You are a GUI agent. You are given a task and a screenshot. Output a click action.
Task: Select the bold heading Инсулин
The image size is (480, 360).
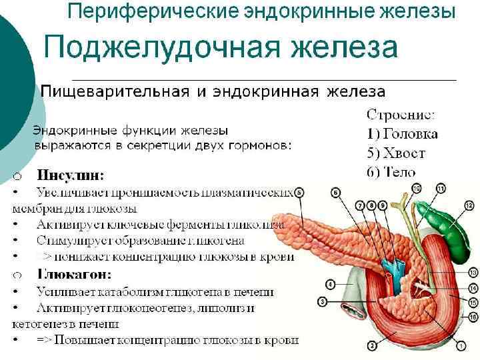(71, 176)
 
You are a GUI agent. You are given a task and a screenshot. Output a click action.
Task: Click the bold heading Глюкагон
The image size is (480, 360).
(74, 274)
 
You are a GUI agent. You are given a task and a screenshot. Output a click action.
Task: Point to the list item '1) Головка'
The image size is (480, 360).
(402, 134)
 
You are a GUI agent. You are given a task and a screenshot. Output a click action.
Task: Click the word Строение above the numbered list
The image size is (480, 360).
(401, 115)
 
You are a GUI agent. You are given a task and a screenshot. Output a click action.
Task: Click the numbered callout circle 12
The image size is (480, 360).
(469, 207)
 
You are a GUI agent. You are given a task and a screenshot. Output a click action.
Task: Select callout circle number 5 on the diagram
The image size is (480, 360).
(300, 192)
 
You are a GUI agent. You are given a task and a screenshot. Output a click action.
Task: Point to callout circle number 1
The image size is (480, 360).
(461, 346)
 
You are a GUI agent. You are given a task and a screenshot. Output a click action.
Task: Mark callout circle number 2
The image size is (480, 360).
(371, 346)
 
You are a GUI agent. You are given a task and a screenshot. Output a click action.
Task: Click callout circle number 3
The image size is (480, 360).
(322, 302)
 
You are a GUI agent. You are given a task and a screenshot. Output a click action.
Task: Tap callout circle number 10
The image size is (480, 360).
(417, 189)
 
